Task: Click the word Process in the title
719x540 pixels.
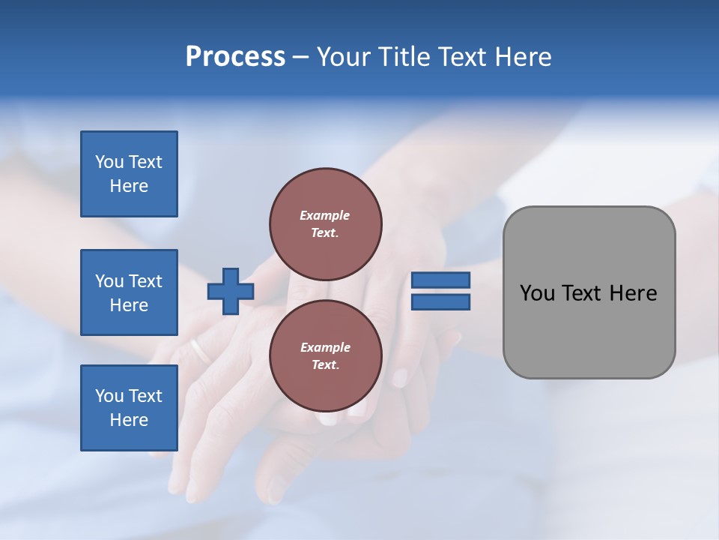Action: point(235,57)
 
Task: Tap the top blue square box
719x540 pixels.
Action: point(129,174)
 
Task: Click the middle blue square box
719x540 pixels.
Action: point(129,292)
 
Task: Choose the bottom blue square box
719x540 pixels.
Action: point(129,408)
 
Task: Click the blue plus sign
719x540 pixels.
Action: point(231,291)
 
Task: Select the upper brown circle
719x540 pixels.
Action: point(326,223)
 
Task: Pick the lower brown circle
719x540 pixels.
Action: point(326,355)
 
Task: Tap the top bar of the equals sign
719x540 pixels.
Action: point(441,280)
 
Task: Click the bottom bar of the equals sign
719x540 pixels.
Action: point(441,301)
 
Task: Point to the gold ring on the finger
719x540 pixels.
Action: point(200,350)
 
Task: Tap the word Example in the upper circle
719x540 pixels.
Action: point(325,215)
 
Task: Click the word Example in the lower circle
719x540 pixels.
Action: point(325,347)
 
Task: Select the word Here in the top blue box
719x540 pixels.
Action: point(129,186)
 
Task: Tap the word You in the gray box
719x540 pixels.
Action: point(538,293)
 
